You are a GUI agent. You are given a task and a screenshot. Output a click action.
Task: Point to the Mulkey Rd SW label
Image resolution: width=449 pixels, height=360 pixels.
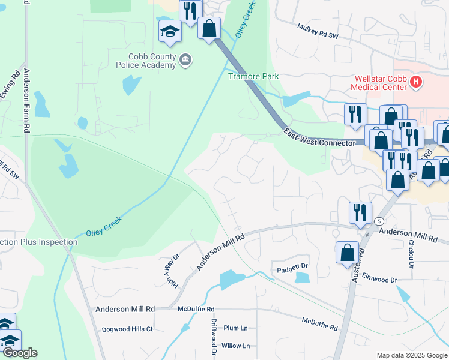(318, 31)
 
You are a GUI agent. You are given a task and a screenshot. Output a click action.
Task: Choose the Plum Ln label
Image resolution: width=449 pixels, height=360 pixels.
(235, 328)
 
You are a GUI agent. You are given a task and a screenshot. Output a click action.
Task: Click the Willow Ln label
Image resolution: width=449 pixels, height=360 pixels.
(235, 346)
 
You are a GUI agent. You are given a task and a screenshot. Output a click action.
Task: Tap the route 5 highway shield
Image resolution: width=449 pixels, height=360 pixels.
(379, 221)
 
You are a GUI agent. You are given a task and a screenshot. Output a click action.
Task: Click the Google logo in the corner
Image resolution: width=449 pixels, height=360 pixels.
(19, 353)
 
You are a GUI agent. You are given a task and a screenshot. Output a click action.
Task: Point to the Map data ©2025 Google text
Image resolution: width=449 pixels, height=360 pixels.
(412, 355)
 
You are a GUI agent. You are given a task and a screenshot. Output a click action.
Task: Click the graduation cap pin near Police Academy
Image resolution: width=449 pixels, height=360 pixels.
(170, 31)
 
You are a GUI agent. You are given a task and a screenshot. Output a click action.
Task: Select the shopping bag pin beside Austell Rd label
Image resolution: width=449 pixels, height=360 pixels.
(348, 253)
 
